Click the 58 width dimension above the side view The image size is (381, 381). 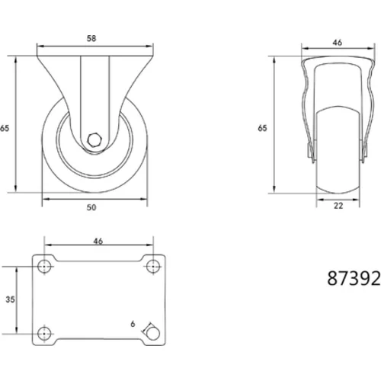[x=91, y=38]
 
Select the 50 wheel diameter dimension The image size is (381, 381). [x=91, y=207]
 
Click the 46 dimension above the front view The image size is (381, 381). [x=338, y=43]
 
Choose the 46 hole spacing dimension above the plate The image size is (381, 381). [x=98, y=241]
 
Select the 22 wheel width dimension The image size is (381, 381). [x=338, y=206]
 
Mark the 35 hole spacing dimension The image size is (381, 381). [x=10, y=299]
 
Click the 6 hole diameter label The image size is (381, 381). [x=133, y=324]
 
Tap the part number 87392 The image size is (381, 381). [x=354, y=278]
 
